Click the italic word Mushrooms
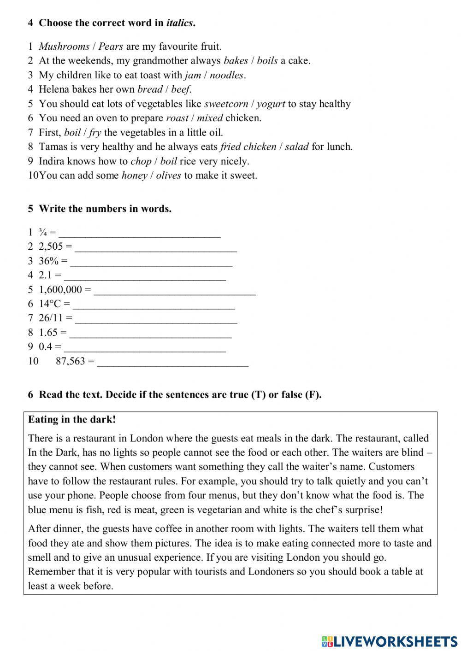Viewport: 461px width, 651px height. (x=64, y=47)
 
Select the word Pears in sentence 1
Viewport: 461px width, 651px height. (x=111, y=47)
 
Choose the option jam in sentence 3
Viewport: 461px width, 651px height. (x=193, y=75)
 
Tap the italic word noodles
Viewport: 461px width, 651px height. (x=226, y=75)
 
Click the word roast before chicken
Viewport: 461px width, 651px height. (x=177, y=118)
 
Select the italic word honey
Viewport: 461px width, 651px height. (x=134, y=176)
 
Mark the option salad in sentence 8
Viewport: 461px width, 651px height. (x=296, y=147)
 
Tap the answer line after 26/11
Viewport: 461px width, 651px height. (x=156, y=319)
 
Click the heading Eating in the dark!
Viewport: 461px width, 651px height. (x=72, y=420)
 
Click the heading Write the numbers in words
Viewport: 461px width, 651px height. (x=105, y=209)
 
